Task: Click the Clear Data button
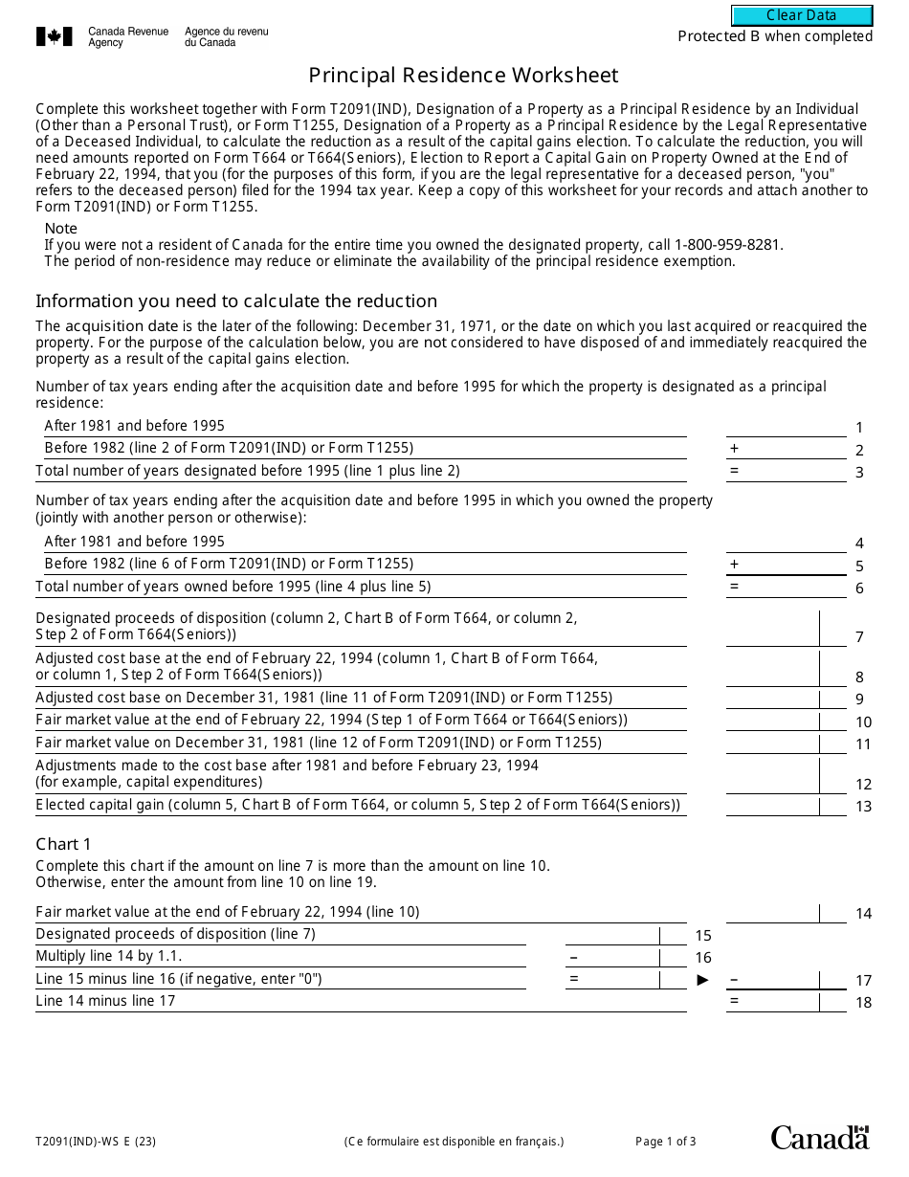click(802, 15)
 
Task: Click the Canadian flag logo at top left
click(55, 36)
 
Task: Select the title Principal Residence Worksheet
click(463, 76)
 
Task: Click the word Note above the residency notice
click(61, 229)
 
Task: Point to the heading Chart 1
click(63, 844)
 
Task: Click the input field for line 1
click(786, 426)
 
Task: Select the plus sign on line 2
click(735, 448)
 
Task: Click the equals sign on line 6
click(735, 587)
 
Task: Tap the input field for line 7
click(772, 629)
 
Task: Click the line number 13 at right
click(863, 807)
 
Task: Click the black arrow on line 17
click(703, 979)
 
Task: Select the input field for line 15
click(612, 935)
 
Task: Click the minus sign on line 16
click(573, 957)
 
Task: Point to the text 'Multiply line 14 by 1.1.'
click(109, 956)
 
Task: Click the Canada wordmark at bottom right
click(820, 1138)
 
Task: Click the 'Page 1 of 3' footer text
click(666, 1141)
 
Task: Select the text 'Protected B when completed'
click(775, 36)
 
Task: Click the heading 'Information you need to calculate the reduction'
click(236, 301)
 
